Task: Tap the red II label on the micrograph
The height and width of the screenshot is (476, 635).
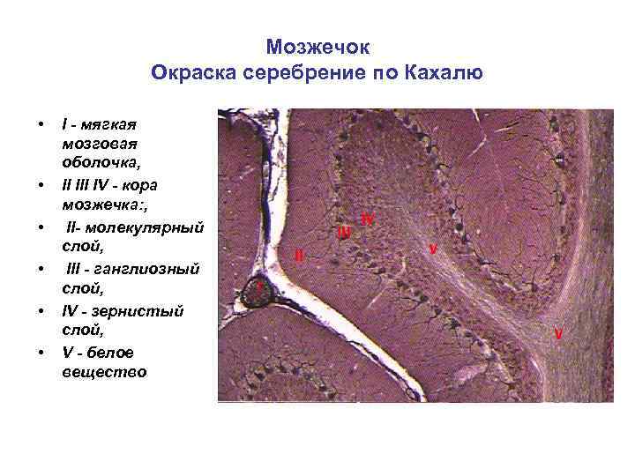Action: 299,256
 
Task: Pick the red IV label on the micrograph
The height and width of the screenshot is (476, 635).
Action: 368,219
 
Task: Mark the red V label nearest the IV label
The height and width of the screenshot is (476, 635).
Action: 432,249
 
